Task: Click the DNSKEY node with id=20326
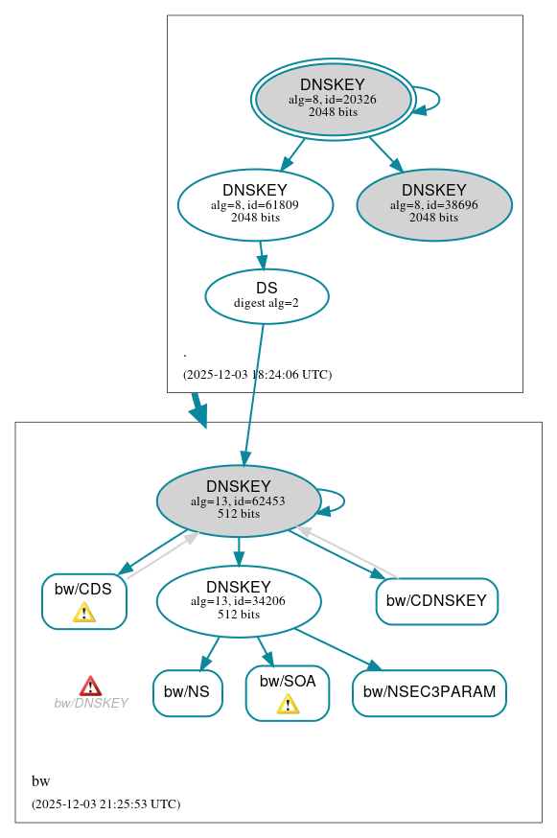point(333,99)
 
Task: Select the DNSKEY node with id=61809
point(255,204)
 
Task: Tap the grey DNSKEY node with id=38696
point(433,204)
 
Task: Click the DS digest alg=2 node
point(267,296)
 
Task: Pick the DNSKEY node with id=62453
point(238,500)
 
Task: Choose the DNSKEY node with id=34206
point(238,601)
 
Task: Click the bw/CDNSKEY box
point(436,601)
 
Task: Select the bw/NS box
point(187,692)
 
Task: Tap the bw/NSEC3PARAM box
point(429,692)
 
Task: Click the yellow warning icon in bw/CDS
point(84,613)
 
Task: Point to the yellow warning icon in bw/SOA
point(288,705)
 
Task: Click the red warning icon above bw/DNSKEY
point(90,686)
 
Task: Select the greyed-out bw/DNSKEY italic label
point(91,704)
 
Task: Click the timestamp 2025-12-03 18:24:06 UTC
point(257,375)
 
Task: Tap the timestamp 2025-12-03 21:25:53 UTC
point(105,804)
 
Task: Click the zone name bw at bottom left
point(40,781)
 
